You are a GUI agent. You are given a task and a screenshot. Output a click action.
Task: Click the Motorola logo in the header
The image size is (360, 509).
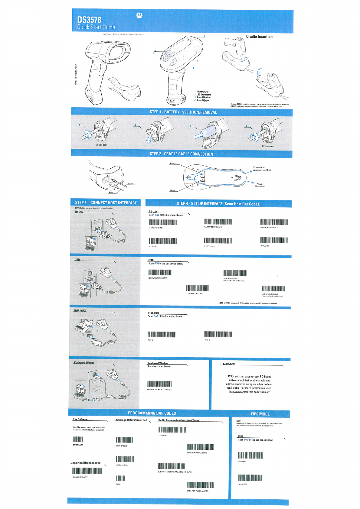pos(139,15)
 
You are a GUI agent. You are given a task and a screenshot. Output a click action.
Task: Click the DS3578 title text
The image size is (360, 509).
pos(89,20)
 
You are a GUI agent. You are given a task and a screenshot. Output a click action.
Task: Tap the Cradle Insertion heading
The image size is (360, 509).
pos(259,37)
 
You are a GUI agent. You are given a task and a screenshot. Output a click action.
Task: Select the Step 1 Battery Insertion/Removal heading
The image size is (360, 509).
pos(183,112)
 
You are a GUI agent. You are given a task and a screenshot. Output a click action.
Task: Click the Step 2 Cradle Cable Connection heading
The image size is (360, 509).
pos(181,154)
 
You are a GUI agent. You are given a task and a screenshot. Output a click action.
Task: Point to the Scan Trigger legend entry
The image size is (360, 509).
pos(202,100)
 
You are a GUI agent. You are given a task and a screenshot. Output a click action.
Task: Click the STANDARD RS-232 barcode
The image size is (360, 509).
pos(163,222)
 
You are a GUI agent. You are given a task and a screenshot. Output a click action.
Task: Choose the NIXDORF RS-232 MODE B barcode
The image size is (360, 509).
pos(218,222)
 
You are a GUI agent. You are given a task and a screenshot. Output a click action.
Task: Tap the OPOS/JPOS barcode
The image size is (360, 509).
pos(274,240)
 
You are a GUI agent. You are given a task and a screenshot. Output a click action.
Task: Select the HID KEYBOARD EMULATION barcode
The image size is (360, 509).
pos(160,273)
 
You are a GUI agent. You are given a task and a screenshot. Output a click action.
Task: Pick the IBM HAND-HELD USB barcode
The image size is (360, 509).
pos(198,288)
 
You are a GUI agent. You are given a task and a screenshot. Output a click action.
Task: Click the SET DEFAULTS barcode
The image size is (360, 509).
pos(78,439)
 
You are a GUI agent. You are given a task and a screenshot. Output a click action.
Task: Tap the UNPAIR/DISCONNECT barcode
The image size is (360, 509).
pos(87,471)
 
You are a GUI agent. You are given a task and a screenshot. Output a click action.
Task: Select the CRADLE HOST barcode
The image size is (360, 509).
pos(172,430)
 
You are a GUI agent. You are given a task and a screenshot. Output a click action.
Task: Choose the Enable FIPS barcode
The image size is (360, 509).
pos(250,456)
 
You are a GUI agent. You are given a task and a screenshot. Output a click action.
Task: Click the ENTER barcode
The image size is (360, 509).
pos(120,478)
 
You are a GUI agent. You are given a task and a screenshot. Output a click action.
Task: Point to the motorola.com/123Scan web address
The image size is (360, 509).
pos(250,392)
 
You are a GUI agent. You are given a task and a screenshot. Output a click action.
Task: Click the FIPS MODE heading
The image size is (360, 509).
pos(260,414)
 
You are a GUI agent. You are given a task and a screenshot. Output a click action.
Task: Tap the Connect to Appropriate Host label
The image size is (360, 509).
pos(262,169)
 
